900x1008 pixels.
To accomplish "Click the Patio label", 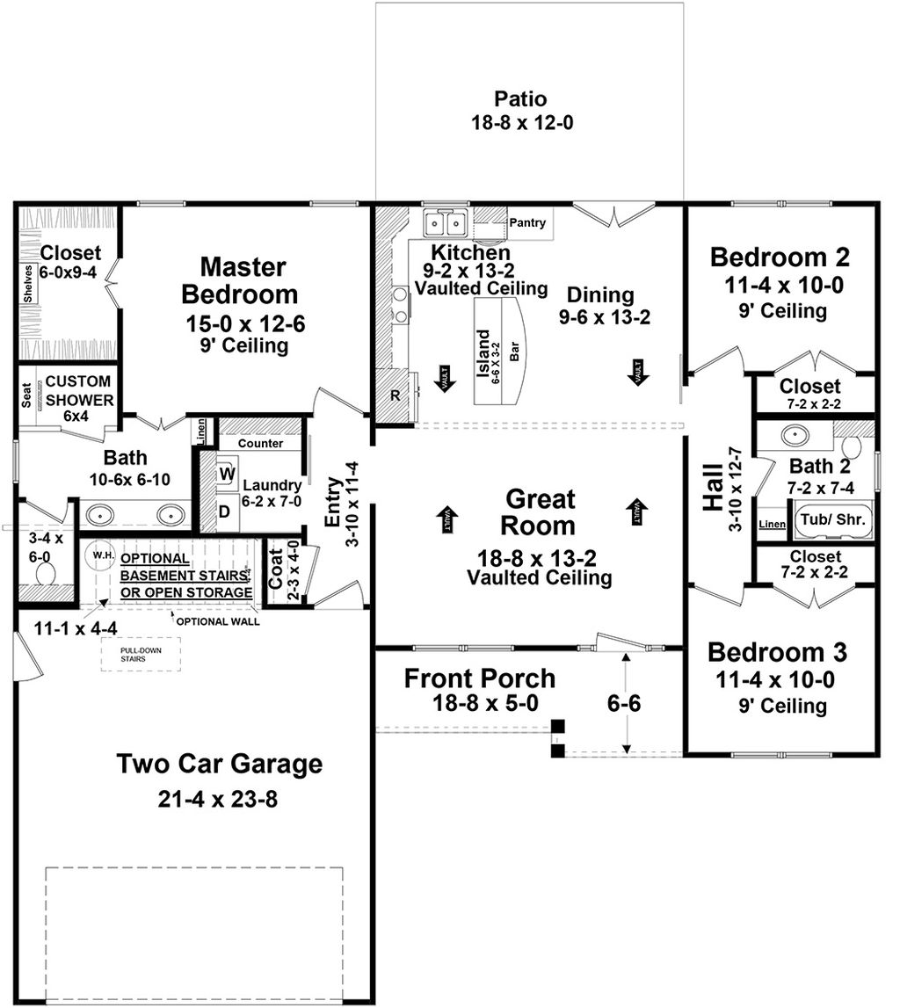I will tap(522, 98).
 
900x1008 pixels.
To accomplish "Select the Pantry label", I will tap(527, 223).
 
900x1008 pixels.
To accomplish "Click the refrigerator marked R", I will tap(395, 395).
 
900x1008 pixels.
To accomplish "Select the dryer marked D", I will tap(224, 510).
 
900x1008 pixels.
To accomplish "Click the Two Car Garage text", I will tap(220, 765).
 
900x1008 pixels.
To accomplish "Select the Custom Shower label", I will tap(79, 391).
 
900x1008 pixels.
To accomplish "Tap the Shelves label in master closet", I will tap(28, 283).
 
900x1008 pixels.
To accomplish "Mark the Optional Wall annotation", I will tap(217, 621).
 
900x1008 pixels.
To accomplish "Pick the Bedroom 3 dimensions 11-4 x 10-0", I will tap(777, 678).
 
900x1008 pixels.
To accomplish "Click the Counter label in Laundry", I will tap(260, 444).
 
